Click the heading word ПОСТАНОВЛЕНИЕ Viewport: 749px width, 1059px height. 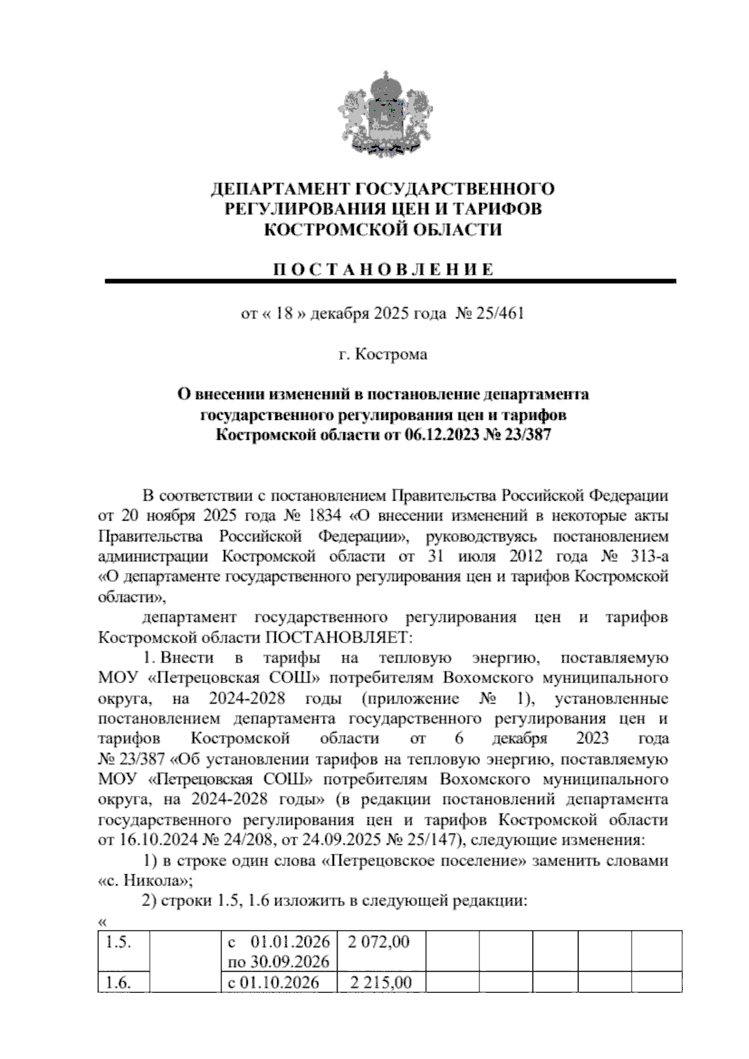[383, 270]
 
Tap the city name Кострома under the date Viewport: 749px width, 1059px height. [391, 355]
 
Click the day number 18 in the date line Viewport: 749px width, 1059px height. [285, 313]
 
